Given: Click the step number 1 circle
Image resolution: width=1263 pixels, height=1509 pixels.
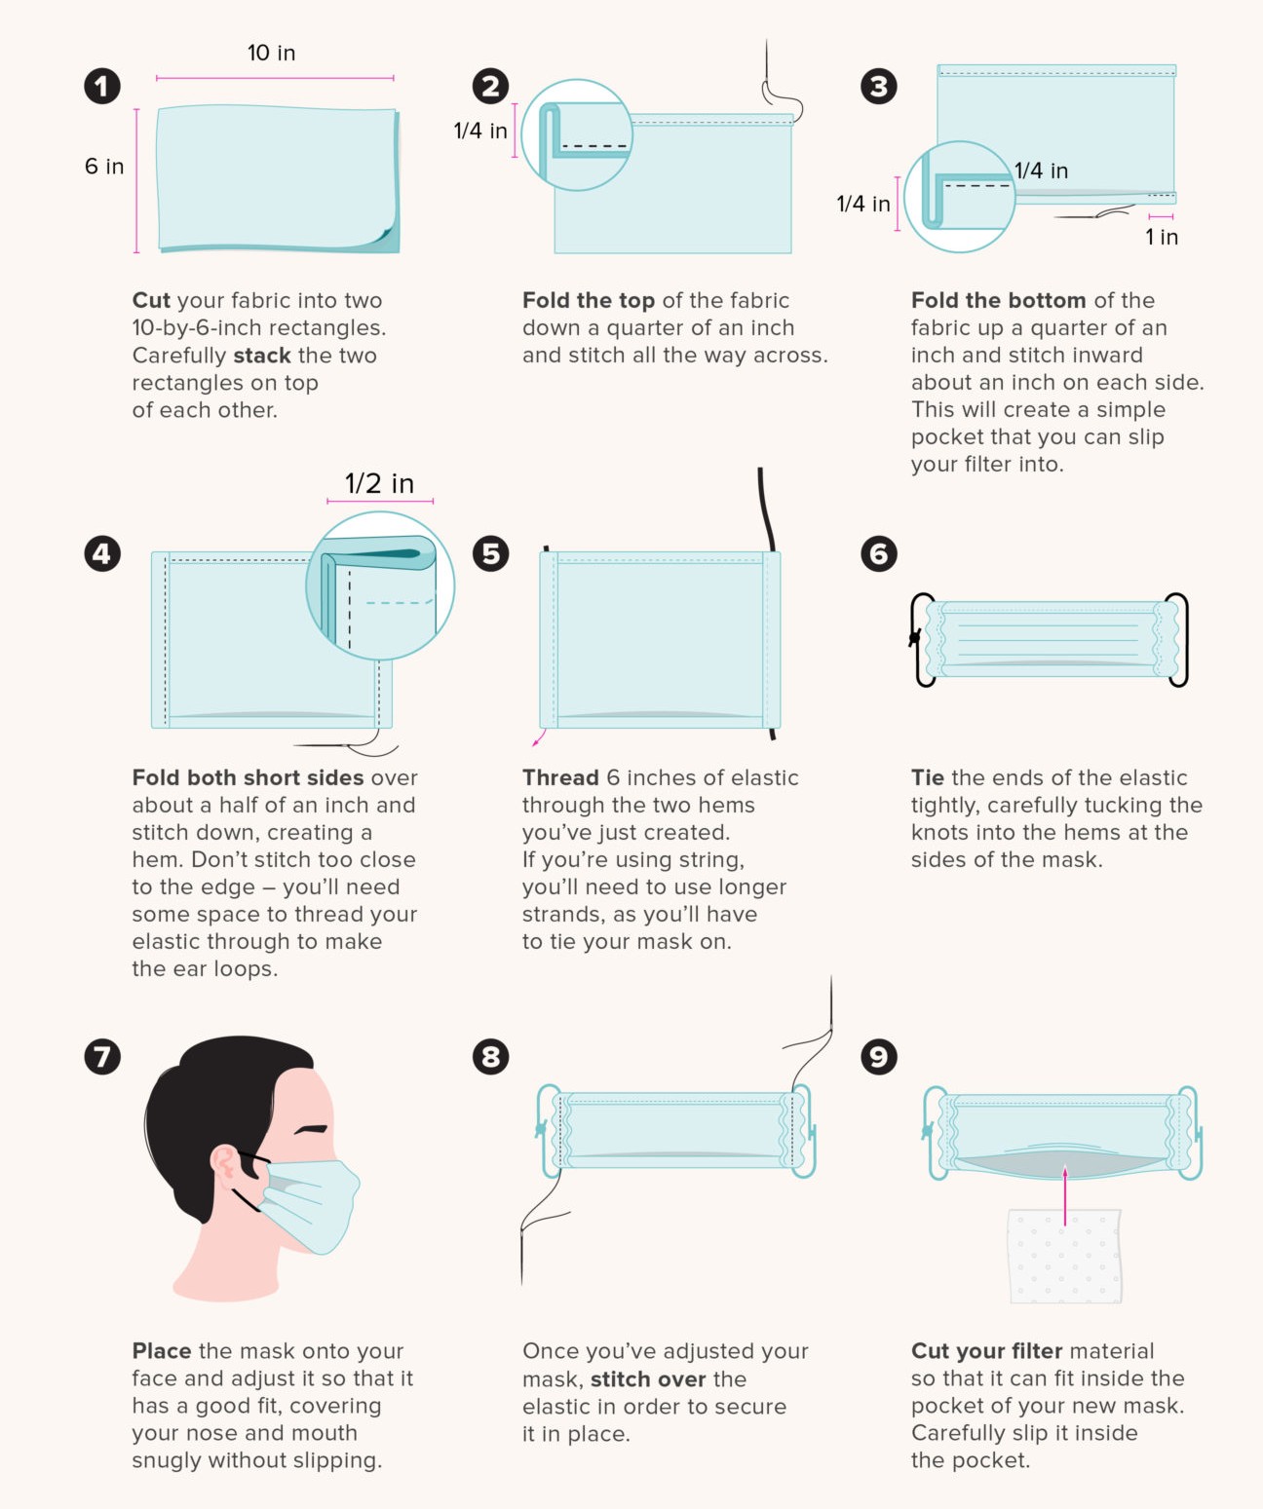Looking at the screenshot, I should pyautogui.click(x=102, y=87).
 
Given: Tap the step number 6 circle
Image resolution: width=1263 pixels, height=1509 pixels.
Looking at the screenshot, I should pyautogui.click(x=879, y=554).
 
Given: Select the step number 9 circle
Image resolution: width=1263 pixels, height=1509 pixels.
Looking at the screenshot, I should pyautogui.click(x=879, y=1057).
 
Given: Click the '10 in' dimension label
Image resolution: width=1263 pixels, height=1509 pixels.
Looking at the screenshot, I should pyautogui.click(x=271, y=54).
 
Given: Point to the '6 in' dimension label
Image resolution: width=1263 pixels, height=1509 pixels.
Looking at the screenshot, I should pyautogui.click(x=104, y=167).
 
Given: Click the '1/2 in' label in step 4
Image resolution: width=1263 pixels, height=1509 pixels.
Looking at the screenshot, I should pyautogui.click(x=379, y=483).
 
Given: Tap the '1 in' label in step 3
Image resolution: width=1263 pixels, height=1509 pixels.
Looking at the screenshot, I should pyautogui.click(x=1161, y=237).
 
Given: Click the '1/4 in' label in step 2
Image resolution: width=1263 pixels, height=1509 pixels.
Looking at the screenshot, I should pyautogui.click(x=480, y=131).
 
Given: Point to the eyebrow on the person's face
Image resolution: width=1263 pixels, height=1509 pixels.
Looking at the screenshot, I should pyautogui.click(x=312, y=1129).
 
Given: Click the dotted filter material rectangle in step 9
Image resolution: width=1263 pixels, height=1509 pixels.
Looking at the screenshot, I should pyautogui.click(x=1064, y=1257).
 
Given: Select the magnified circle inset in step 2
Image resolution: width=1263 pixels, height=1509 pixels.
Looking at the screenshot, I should pyautogui.click(x=577, y=135).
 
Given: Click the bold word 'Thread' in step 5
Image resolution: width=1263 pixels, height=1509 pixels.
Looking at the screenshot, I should pyautogui.click(x=560, y=777).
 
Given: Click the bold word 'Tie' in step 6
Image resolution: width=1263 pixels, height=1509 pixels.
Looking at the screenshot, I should pyautogui.click(x=927, y=777).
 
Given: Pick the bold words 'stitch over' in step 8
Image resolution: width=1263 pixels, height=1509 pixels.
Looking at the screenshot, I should pyautogui.click(x=648, y=1379).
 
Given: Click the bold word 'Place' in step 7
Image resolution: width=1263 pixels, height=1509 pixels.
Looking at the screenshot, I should pyautogui.click(x=162, y=1351).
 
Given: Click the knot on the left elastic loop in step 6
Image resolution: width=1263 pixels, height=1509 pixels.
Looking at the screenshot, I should pyautogui.click(x=915, y=639).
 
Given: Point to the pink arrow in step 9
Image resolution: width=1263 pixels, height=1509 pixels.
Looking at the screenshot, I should pyautogui.click(x=1065, y=1193).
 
